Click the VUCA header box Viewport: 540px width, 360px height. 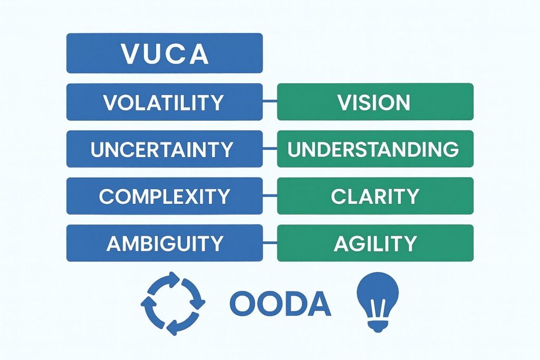pyautogui.click(x=164, y=53)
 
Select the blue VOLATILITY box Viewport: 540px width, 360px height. pyautogui.click(x=164, y=102)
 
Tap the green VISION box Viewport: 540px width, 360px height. pyautogui.click(x=375, y=102)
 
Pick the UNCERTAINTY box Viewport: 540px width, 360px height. pyautogui.click(x=164, y=149)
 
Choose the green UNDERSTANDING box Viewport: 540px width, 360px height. pyautogui.click(x=375, y=149)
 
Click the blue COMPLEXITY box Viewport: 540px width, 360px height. pyautogui.click(x=164, y=196)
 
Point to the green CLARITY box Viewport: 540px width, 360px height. pyautogui.click(x=375, y=196)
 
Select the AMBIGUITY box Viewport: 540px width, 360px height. pyautogui.click(x=164, y=243)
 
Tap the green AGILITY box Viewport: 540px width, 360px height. pyautogui.click(x=375, y=243)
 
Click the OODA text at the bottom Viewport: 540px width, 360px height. pyautogui.click(x=280, y=305)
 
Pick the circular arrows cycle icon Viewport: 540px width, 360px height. pyautogui.click(x=172, y=304)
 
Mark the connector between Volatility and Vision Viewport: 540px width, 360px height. pyautogui.click(x=269, y=102)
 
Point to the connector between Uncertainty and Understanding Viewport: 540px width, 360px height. pyautogui.click(x=269, y=149)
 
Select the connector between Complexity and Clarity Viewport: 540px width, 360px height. pyautogui.click(x=269, y=196)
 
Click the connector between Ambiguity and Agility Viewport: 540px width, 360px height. pyautogui.click(x=269, y=243)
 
